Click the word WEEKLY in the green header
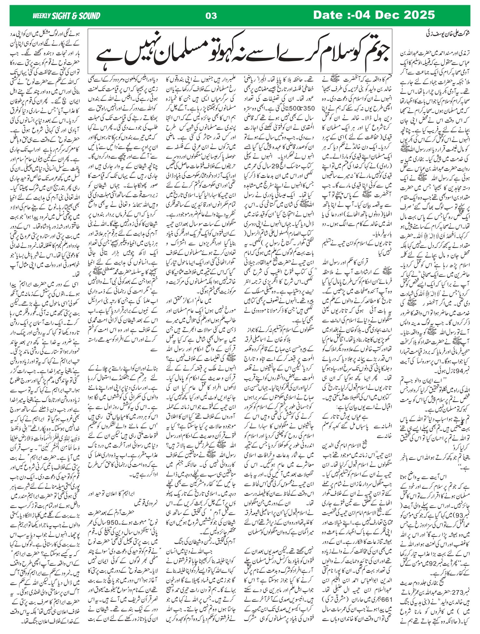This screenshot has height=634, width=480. click(x=42, y=16)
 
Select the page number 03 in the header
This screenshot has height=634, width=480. click(x=211, y=16)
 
